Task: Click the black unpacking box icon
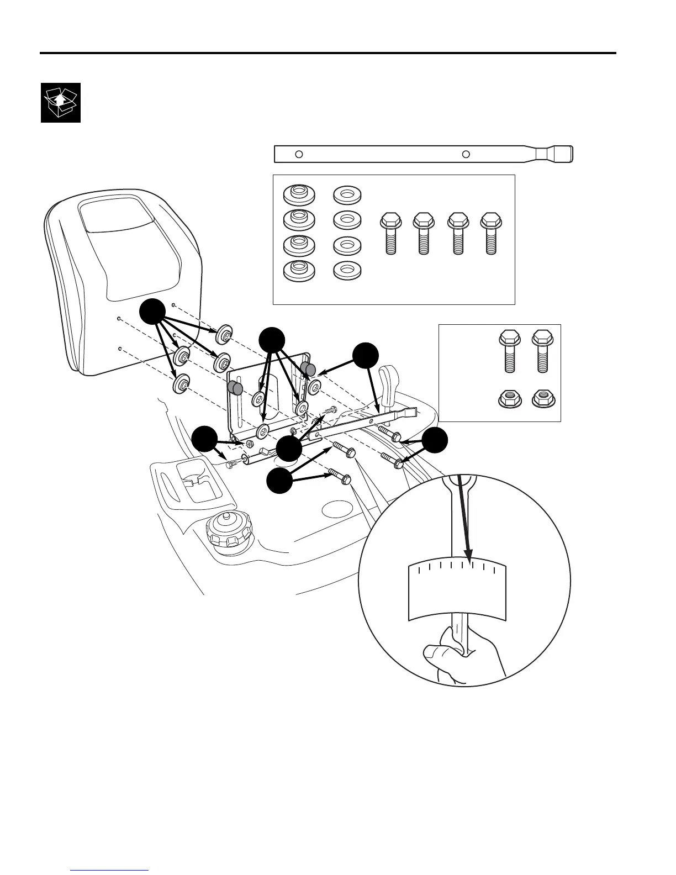[61, 103]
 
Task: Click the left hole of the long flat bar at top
[299, 154]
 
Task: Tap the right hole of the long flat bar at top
[466, 154]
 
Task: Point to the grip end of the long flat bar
[558, 154]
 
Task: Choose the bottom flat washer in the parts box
[347, 270]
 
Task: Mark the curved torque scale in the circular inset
[457, 591]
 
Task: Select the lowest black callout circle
[280, 482]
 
